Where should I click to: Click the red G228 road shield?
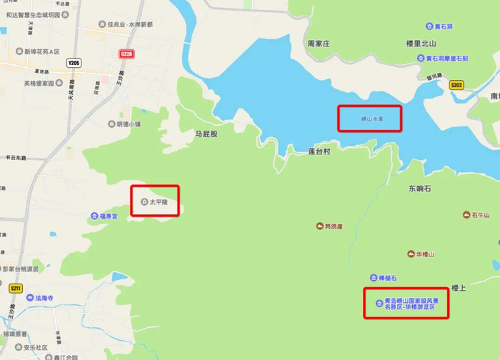click(127, 54)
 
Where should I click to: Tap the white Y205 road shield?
click(74, 64)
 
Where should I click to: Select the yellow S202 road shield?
click(456, 85)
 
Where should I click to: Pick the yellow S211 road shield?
click(16, 289)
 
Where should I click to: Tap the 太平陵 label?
click(159, 202)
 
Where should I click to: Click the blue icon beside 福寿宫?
click(94, 216)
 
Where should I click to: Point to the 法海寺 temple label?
click(44, 297)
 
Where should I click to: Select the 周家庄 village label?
click(319, 44)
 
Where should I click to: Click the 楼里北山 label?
click(421, 44)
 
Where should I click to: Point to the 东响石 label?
click(421, 189)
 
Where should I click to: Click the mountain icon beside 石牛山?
click(466, 214)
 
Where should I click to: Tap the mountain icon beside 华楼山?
click(410, 254)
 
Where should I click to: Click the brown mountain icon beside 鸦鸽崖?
click(319, 226)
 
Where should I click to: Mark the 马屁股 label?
click(206, 134)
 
